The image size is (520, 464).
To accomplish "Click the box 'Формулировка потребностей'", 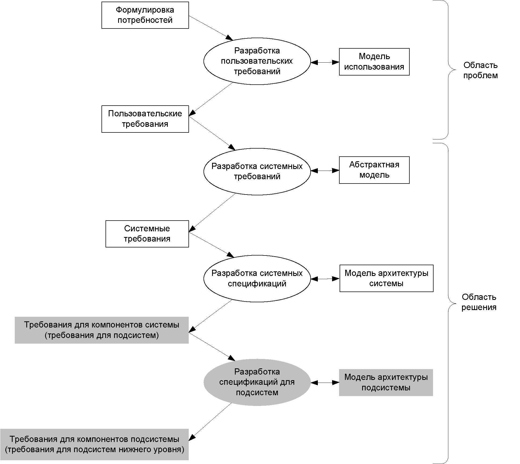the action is (x=145, y=15).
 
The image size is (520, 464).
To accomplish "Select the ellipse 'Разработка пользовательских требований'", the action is (x=257, y=61).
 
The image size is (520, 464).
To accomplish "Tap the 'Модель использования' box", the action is (x=374, y=62).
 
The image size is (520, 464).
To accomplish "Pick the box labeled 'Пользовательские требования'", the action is (x=145, y=119).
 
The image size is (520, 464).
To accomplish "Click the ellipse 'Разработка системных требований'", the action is (x=257, y=171).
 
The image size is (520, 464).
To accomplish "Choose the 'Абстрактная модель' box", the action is (x=374, y=170).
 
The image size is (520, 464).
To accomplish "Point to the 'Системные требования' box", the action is (x=147, y=234).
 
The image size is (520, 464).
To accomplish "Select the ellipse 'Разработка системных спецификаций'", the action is (x=257, y=278).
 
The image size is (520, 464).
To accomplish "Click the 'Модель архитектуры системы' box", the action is (x=386, y=278).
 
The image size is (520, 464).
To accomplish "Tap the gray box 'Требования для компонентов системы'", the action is (x=102, y=330).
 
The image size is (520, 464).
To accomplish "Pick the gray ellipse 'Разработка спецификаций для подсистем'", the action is (x=257, y=382).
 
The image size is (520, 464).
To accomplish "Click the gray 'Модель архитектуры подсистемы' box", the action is (x=386, y=382).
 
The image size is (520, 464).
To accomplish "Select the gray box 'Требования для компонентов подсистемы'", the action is (x=94, y=444).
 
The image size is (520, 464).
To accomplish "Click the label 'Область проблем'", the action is (x=481, y=70).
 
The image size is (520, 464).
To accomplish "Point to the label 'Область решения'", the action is (x=479, y=302).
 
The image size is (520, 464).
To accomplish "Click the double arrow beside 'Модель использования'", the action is (x=325, y=62).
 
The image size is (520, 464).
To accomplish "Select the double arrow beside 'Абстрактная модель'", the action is (x=325, y=171).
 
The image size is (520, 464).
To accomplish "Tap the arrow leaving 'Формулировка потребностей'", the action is (x=211, y=28).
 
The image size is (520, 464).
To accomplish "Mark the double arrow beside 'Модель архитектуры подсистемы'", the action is (x=325, y=383).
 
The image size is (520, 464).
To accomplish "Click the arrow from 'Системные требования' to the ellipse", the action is (x=212, y=244).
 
